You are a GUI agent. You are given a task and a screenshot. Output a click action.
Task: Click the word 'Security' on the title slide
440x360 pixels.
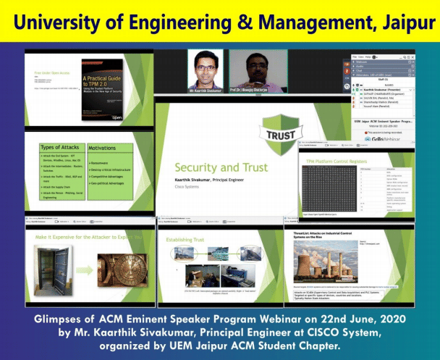(x=198, y=167)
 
